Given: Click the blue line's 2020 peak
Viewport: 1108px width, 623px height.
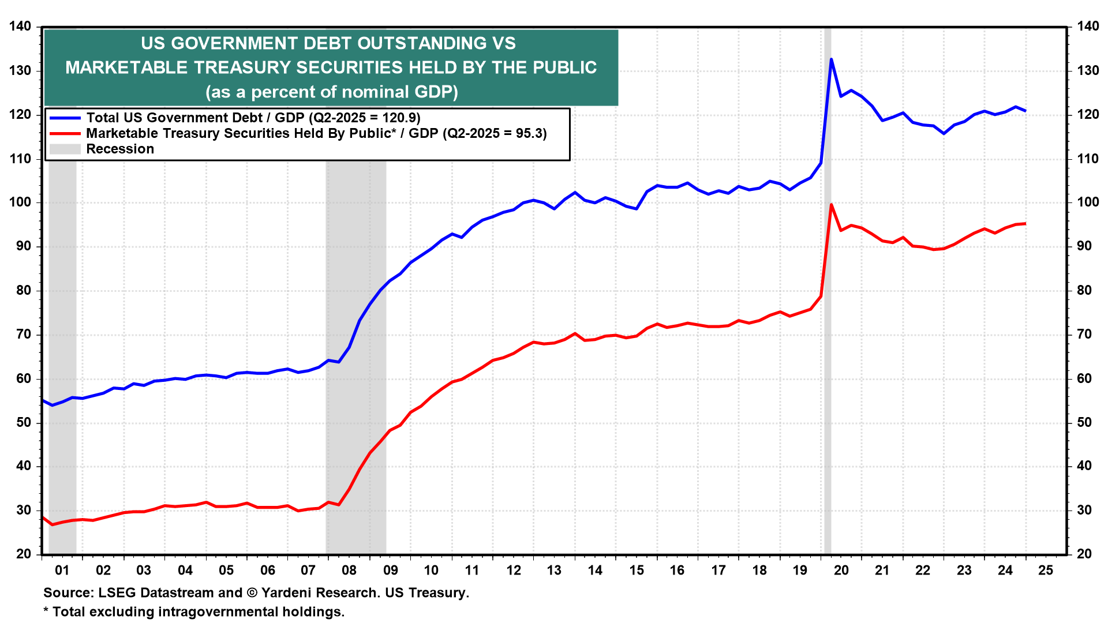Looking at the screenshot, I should pyautogui.click(x=831, y=59).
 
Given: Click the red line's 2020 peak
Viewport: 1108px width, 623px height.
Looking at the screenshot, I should pyautogui.click(x=831, y=204).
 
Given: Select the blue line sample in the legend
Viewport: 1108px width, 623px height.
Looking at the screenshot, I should pyautogui.click(x=65, y=118).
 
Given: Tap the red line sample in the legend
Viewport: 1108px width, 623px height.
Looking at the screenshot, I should pyautogui.click(x=65, y=133).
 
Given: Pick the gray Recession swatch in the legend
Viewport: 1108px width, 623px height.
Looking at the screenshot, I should pyautogui.click(x=65, y=149).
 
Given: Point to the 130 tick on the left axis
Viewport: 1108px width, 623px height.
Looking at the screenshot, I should pyautogui.click(x=20, y=71).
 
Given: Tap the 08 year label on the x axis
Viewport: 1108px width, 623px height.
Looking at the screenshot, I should pyautogui.click(x=349, y=571).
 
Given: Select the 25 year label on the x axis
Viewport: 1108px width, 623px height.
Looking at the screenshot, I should pyautogui.click(x=1046, y=571).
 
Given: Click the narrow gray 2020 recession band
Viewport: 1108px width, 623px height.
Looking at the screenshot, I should pyautogui.click(x=828, y=346).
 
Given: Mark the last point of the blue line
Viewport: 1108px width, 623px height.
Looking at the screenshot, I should pyautogui.click(x=1025, y=111).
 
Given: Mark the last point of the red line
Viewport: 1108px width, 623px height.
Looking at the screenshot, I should pyautogui.click(x=1025, y=223).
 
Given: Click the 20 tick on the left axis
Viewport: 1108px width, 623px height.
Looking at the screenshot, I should pyautogui.click(x=24, y=554).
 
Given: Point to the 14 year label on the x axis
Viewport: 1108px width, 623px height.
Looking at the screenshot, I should pyautogui.click(x=595, y=571).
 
